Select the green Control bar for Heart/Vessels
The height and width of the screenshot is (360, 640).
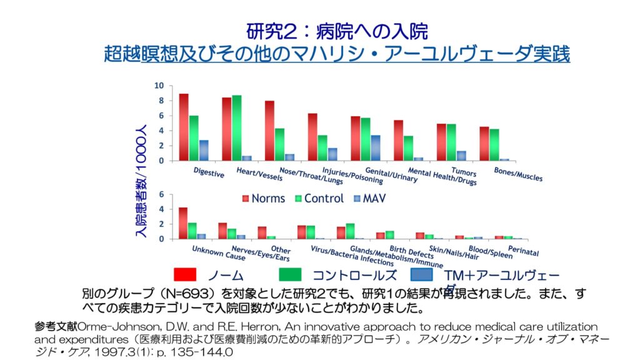coord(237,127)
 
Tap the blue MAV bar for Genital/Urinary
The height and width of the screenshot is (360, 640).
coord(375,148)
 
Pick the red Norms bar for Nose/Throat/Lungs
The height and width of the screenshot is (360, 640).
coord(269,131)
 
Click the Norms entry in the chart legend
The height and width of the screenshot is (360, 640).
coord(263,198)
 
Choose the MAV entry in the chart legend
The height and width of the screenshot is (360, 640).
coord(374,198)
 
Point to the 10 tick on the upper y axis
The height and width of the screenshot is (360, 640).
coord(159,86)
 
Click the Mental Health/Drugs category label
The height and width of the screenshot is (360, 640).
coord(442,177)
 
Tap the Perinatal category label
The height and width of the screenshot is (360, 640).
coord(523,251)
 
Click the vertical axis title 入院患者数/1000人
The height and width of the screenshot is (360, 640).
coord(141,182)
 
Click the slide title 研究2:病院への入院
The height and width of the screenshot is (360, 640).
coord(337,31)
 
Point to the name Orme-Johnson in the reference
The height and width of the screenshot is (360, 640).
coord(104,326)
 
